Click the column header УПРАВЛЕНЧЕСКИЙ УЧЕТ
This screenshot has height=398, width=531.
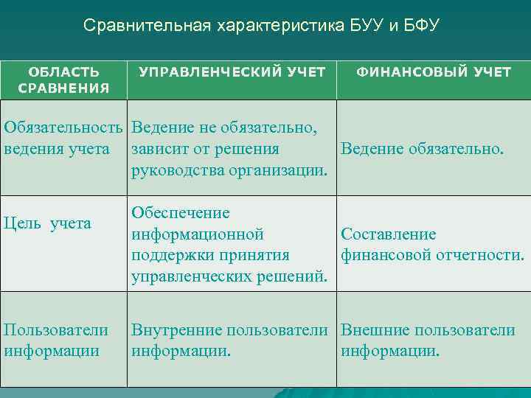click(x=232, y=72)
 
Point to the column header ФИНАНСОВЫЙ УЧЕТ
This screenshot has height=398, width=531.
click(x=434, y=72)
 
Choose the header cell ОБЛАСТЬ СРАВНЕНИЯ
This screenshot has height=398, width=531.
click(x=63, y=80)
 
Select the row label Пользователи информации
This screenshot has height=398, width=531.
click(x=56, y=341)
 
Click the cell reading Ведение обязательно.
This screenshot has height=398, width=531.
click(x=422, y=150)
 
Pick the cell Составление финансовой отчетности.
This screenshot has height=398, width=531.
click(x=432, y=245)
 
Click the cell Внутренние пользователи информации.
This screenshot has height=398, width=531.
click(x=229, y=341)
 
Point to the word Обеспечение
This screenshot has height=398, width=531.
click(x=181, y=213)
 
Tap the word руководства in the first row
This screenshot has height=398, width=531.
click(x=176, y=171)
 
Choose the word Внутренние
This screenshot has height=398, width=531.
click(x=176, y=330)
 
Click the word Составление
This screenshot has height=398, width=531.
click(x=388, y=234)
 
